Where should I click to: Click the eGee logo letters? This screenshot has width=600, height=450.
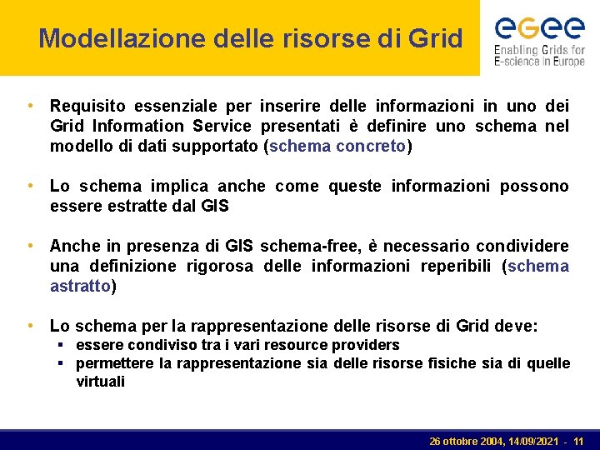coord(539,29)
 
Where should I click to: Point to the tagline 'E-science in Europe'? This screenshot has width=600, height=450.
coord(539,62)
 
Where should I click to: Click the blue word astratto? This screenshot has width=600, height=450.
coord(80,286)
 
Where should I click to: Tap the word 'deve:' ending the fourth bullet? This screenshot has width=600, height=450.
coord(518,326)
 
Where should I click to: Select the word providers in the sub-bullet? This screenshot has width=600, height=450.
coord(367,345)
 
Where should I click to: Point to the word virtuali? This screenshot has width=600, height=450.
coord(100,382)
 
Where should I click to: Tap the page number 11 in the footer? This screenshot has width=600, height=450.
coord(578,440)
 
